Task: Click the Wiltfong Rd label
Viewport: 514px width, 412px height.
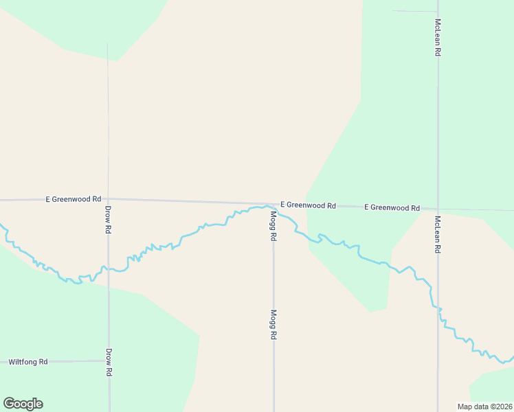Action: [x=28, y=361]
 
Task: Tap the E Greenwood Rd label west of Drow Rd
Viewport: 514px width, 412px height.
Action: [x=74, y=199]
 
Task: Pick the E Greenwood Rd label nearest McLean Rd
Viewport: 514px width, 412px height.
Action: [x=392, y=207]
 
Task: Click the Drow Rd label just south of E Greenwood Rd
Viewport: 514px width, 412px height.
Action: [x=108, y=219]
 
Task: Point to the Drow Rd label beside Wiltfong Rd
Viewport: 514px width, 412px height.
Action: [x=109, y=362]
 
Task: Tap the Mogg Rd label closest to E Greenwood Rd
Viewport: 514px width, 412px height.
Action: [x=273, y=225]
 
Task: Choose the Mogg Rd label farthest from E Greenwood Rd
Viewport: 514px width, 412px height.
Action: [x=273, y=325]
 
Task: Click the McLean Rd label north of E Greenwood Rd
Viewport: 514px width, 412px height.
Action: [x=438, y=33]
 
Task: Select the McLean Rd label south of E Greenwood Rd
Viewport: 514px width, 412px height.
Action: [x=437, y=235]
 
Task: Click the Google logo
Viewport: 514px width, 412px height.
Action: [x=23, y=404]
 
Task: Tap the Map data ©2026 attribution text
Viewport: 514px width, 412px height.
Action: [x=484, y=407]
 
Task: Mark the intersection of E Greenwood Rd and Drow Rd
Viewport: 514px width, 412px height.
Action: [x=108, y=200]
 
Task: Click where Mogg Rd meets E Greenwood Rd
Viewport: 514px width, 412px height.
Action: [x=273, y=205]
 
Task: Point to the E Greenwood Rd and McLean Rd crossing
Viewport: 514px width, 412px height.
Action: [x=438, y=209]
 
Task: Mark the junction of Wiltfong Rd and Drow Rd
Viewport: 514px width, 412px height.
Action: [x=109, y=360]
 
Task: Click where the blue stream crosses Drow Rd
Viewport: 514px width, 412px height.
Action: [x=108, y=268]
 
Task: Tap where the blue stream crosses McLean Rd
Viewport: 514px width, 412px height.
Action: [x=438, y=308]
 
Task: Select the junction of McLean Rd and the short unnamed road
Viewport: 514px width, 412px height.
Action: [x=438, y=12]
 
